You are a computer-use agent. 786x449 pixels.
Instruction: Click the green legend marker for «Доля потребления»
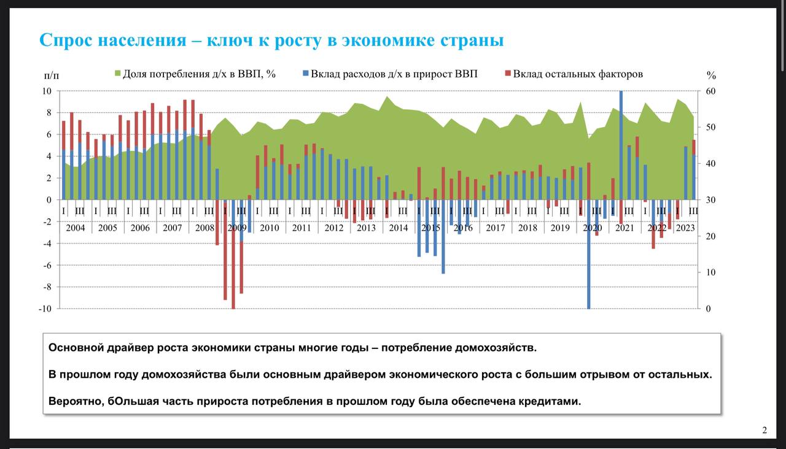point(118,74)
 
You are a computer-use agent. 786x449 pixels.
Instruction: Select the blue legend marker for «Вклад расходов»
point(305,74)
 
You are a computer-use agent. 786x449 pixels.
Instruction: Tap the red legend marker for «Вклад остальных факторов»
point(508,74)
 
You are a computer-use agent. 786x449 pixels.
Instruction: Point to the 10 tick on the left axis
point(47,91)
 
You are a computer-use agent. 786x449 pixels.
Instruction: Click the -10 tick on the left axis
point(45,309)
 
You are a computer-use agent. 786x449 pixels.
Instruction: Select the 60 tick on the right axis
point(710,91)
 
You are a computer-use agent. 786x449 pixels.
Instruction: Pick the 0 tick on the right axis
point(708,309)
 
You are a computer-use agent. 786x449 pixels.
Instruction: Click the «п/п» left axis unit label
point(52,75)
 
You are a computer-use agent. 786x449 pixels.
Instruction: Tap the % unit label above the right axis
point(711,75)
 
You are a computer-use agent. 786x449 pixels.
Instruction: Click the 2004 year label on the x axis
point(76,228)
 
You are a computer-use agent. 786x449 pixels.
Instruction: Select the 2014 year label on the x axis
point(398,228)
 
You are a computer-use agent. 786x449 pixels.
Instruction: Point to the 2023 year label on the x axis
point(685,228)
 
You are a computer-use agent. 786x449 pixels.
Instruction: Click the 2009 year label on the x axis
point(237,228)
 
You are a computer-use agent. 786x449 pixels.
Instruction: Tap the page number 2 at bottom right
point(765,430)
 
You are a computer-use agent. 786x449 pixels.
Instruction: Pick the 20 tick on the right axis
point(710,236)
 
